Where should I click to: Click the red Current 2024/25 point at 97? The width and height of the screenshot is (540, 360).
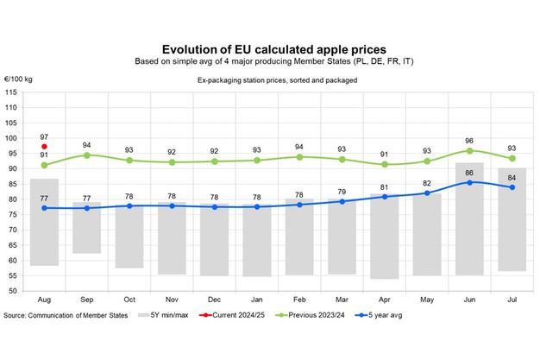[44, 147]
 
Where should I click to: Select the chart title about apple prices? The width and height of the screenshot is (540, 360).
[269, 50]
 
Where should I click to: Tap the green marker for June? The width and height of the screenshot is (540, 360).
[470, 150]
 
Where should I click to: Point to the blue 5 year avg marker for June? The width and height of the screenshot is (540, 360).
[470, 182]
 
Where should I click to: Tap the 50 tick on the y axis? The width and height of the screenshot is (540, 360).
[15, 291]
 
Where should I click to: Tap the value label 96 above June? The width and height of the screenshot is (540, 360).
[470, 140]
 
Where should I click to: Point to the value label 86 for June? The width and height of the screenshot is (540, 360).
[470, 173]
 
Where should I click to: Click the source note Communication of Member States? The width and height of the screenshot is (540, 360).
[66, 315]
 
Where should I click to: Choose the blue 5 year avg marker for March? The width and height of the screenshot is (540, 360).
[342, 201]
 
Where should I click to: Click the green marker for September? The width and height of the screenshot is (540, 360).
[87, 155]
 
